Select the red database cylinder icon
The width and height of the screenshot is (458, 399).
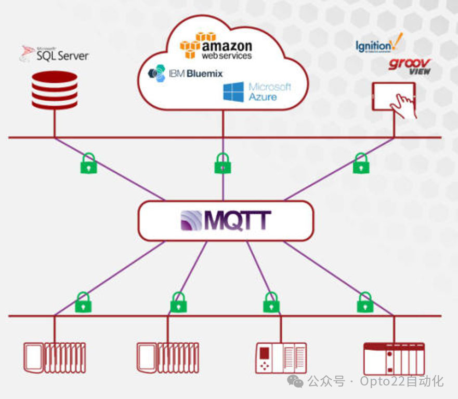(54, 90)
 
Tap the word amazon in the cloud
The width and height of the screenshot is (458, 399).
(227, 46)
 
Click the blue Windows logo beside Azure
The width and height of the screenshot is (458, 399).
(233, 92)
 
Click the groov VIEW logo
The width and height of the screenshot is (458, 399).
(409, 67)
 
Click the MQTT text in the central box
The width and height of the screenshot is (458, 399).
(237, 221)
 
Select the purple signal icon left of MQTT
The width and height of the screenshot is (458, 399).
(191, 221)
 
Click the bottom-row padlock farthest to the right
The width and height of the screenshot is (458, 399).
(365, 302)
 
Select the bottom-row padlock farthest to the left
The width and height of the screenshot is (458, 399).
(83, 302)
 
